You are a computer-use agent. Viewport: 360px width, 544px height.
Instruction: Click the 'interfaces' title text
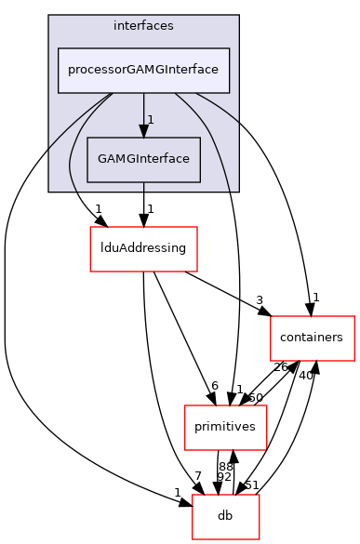pos(143,25)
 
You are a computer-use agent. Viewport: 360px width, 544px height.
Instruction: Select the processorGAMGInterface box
pos(143,71)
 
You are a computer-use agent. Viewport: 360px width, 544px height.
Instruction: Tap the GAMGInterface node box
pos(143,159)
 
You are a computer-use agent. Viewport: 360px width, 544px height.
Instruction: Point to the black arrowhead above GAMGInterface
pos(143,130)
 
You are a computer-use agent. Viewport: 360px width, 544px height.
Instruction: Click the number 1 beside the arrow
pos(151,120)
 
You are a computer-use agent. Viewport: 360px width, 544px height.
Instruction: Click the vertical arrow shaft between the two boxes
pos(143,107)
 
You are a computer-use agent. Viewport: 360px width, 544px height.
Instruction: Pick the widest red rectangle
pos(143,249)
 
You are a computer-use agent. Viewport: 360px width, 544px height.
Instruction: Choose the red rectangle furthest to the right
pos(312,338)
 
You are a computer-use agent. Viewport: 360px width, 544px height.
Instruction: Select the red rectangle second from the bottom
pos(225,427)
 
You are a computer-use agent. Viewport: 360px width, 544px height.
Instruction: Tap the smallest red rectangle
pos(225,517)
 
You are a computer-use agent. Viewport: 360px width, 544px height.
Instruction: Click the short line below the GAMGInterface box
pos(143,186)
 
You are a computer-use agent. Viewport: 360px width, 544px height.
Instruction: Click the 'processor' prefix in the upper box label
pos(94,71)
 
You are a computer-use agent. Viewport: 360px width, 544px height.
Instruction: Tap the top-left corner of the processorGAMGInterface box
pos(59,48)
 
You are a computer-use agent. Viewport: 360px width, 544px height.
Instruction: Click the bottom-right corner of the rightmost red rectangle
pos(354,361)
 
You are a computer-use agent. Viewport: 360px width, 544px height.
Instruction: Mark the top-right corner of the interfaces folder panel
pos(238,16)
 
